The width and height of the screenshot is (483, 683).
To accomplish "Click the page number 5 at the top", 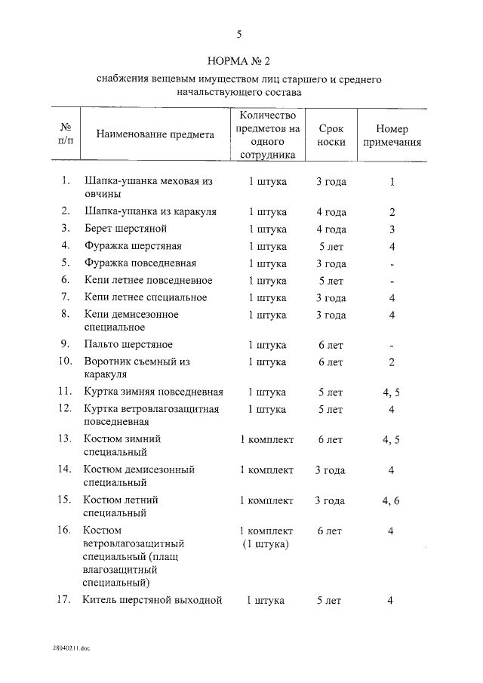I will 239,33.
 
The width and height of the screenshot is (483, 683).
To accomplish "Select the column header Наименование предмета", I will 155,134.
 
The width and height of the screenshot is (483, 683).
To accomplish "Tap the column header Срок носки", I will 331,134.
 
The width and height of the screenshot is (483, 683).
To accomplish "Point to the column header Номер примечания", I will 392,134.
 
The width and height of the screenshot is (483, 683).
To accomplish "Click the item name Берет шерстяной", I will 125,229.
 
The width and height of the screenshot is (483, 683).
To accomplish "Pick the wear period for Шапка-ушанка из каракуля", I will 331,211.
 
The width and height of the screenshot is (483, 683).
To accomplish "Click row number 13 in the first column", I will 65,438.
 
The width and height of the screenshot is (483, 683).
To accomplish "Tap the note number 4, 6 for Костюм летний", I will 391,500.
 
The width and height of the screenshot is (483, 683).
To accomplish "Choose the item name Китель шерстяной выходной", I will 152,601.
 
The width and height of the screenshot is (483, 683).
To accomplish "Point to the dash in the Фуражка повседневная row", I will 392,264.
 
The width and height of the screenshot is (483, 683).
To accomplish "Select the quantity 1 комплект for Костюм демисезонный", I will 266,469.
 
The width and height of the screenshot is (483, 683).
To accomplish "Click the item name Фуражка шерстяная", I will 133,246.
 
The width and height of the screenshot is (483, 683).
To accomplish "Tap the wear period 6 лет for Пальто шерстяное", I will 331,345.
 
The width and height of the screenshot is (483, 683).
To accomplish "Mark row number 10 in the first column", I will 65,361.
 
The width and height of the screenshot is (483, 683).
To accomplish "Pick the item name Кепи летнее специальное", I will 145,297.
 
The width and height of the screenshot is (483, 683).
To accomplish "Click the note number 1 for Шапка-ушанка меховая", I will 392,182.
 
